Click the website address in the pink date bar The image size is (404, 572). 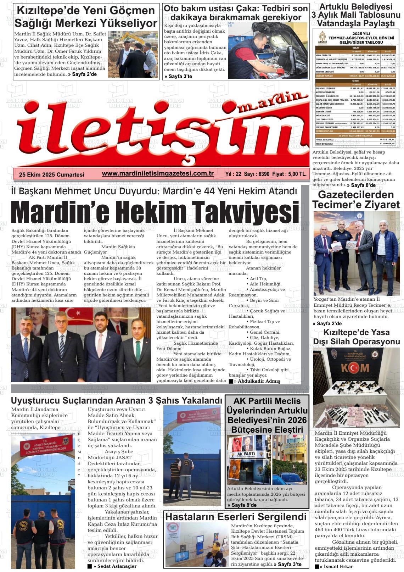[x=157, y=173]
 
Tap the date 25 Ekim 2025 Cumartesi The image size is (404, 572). [x=52, y=174]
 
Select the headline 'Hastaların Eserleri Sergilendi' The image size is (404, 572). [x=236, y=516]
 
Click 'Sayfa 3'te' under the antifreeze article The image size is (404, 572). [x=178, y=76]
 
